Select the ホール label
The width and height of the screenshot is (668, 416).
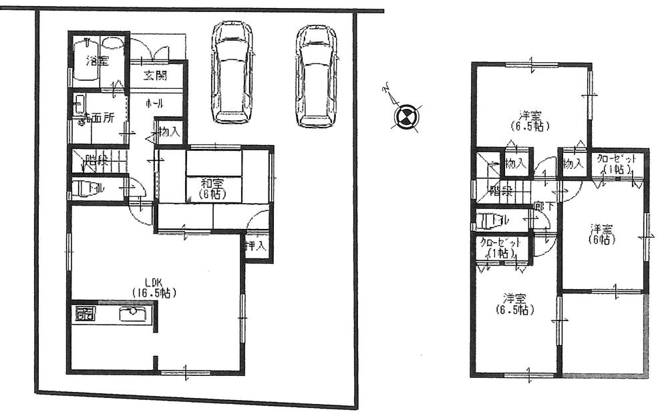[156, 103]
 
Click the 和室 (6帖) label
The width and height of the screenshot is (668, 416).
[212, 188]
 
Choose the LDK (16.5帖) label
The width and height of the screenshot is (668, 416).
[158, 286]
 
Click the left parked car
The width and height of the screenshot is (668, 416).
[231, 73]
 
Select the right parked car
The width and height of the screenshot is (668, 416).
[315, 75]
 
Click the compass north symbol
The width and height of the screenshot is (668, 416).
[405, 118]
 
